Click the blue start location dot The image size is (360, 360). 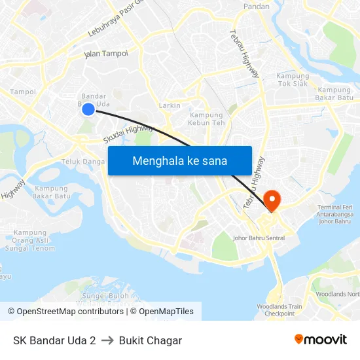[88, 110]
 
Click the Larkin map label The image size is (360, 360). [170, 105]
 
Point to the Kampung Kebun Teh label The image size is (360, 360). [206, 119]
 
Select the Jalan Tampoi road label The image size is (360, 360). [106, 54]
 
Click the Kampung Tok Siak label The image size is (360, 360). [293, 79]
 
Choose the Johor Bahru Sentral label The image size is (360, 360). [259, 238]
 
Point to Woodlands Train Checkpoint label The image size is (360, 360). [279, 310]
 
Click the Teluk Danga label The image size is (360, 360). [83, 161]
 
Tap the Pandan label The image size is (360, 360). [256, 6]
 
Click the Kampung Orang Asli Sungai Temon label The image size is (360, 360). [30, 240]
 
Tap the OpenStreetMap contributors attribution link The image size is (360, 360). [71, 312]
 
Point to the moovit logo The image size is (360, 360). [321, 340]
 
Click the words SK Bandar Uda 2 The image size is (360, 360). [54, 340]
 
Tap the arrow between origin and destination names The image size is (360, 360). [107, 340]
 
